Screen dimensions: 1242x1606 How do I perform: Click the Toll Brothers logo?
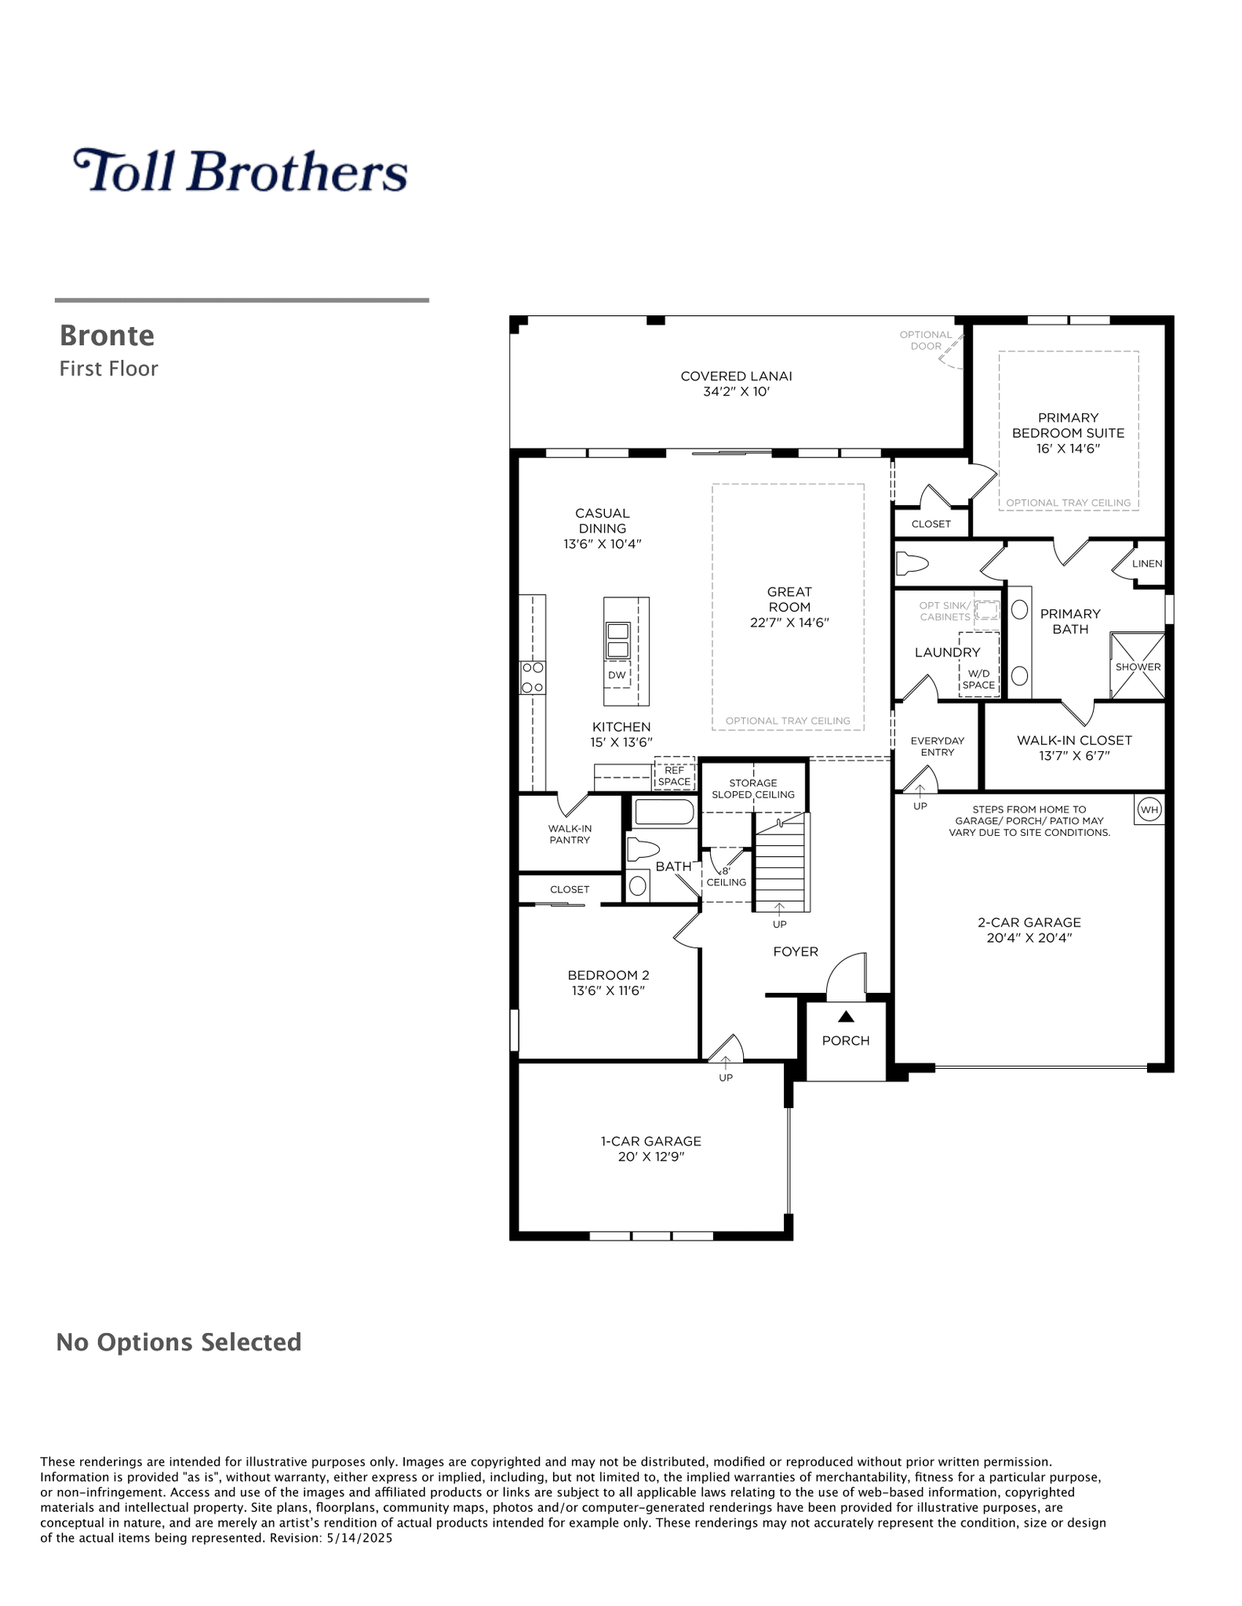(240, 170)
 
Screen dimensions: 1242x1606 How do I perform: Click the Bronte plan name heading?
(107, 336)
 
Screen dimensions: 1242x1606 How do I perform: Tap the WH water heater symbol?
(1149, 810)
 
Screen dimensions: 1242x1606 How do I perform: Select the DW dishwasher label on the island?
(617, 675)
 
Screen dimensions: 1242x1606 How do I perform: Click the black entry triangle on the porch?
(845, 1017)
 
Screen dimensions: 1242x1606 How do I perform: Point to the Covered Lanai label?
(736, 376)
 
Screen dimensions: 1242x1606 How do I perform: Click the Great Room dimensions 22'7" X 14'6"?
(789, 623)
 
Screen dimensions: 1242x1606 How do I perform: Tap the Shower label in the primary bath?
(1138, 667)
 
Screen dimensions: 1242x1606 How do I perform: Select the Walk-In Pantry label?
(570, 834)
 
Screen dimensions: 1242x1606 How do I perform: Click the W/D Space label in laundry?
(978, 679)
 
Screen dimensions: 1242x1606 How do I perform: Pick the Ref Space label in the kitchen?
(674, 776)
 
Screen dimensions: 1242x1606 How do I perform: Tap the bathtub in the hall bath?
(664, 812)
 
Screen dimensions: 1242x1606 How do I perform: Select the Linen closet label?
(1147, 564)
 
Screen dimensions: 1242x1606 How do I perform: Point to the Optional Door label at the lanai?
(926, 340)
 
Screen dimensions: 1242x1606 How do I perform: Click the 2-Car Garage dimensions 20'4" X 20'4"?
(1029, 938)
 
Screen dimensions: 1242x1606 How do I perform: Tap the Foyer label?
(796, 952)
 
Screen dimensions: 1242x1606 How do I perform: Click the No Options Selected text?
(179, 1342)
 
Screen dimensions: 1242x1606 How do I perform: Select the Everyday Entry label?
(938, 747)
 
